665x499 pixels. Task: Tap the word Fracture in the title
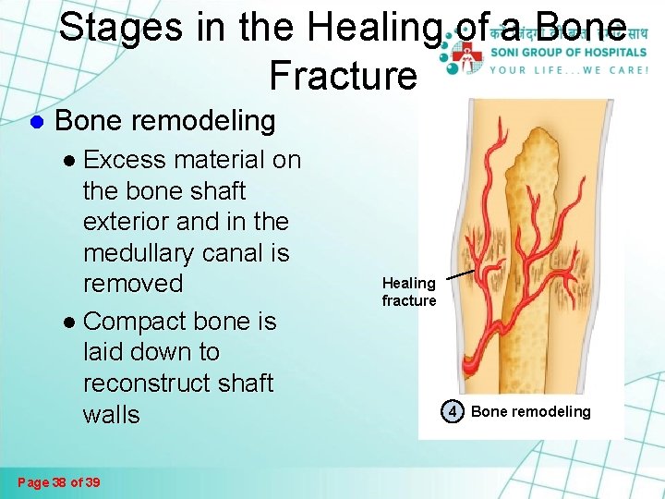click(x=344, y=75)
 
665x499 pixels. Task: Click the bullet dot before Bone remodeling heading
click(x=38, y=121)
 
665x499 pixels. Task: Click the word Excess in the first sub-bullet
click(x=127, y=160)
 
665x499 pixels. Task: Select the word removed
click(x=133, y=284)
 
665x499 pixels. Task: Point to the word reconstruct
click(x=151, y=383)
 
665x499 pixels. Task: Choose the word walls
click(x=111, y=414)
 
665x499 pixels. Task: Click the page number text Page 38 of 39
click(x=60, y=482)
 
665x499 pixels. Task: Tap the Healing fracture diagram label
click(x=409, y=292)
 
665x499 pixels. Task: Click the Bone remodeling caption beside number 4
click(x=530, y=411)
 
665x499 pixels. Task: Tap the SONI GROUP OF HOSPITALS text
click(x=567, y=52)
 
